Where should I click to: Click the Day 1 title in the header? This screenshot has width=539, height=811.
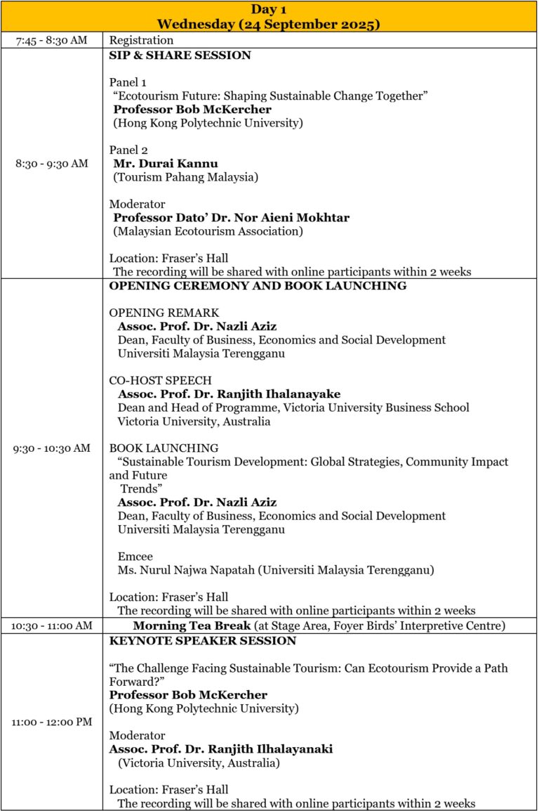[x=269, y=9]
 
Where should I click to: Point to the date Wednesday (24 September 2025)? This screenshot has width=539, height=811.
[x=269, y=24]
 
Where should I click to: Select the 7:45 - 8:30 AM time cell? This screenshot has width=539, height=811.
[x=52, y=40]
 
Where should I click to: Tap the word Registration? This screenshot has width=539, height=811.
[x=141, y=40]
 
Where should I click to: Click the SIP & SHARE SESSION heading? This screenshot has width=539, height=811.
[x=180, y=56]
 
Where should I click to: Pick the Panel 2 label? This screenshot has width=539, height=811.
[x=127, y=150]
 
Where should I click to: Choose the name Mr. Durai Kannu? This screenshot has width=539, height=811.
[x=166, y=164]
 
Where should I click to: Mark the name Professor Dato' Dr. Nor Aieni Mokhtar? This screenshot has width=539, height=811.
[x=231, y=217]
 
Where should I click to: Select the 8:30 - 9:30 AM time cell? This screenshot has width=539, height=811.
[x=52, y=163]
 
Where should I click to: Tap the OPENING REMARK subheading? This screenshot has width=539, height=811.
[x=164, y=312]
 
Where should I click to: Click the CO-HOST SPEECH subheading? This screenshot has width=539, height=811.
[x=160, y=380]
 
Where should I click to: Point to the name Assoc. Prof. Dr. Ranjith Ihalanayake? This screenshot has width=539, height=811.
[x=229, y=394]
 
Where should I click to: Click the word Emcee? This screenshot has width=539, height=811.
[x=135, y=556]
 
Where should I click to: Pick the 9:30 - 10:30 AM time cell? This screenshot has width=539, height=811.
[x=52, y=448]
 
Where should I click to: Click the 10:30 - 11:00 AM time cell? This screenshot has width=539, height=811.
[x=52, y=625]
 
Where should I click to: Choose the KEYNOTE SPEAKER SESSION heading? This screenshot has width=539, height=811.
[x=202, y=641]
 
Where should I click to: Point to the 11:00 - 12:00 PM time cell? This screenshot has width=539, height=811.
[x=52, y=722]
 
